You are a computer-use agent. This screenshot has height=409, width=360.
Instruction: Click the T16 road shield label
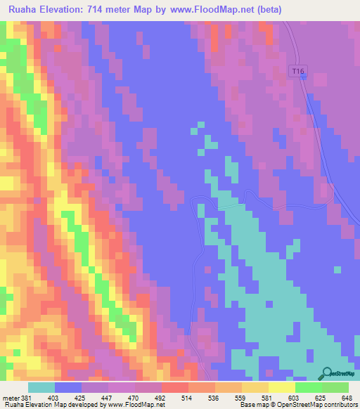coord(298,71)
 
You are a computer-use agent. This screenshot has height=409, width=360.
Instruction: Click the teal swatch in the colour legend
coord(41,387)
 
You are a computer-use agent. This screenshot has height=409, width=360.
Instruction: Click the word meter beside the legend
coord(11,398)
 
